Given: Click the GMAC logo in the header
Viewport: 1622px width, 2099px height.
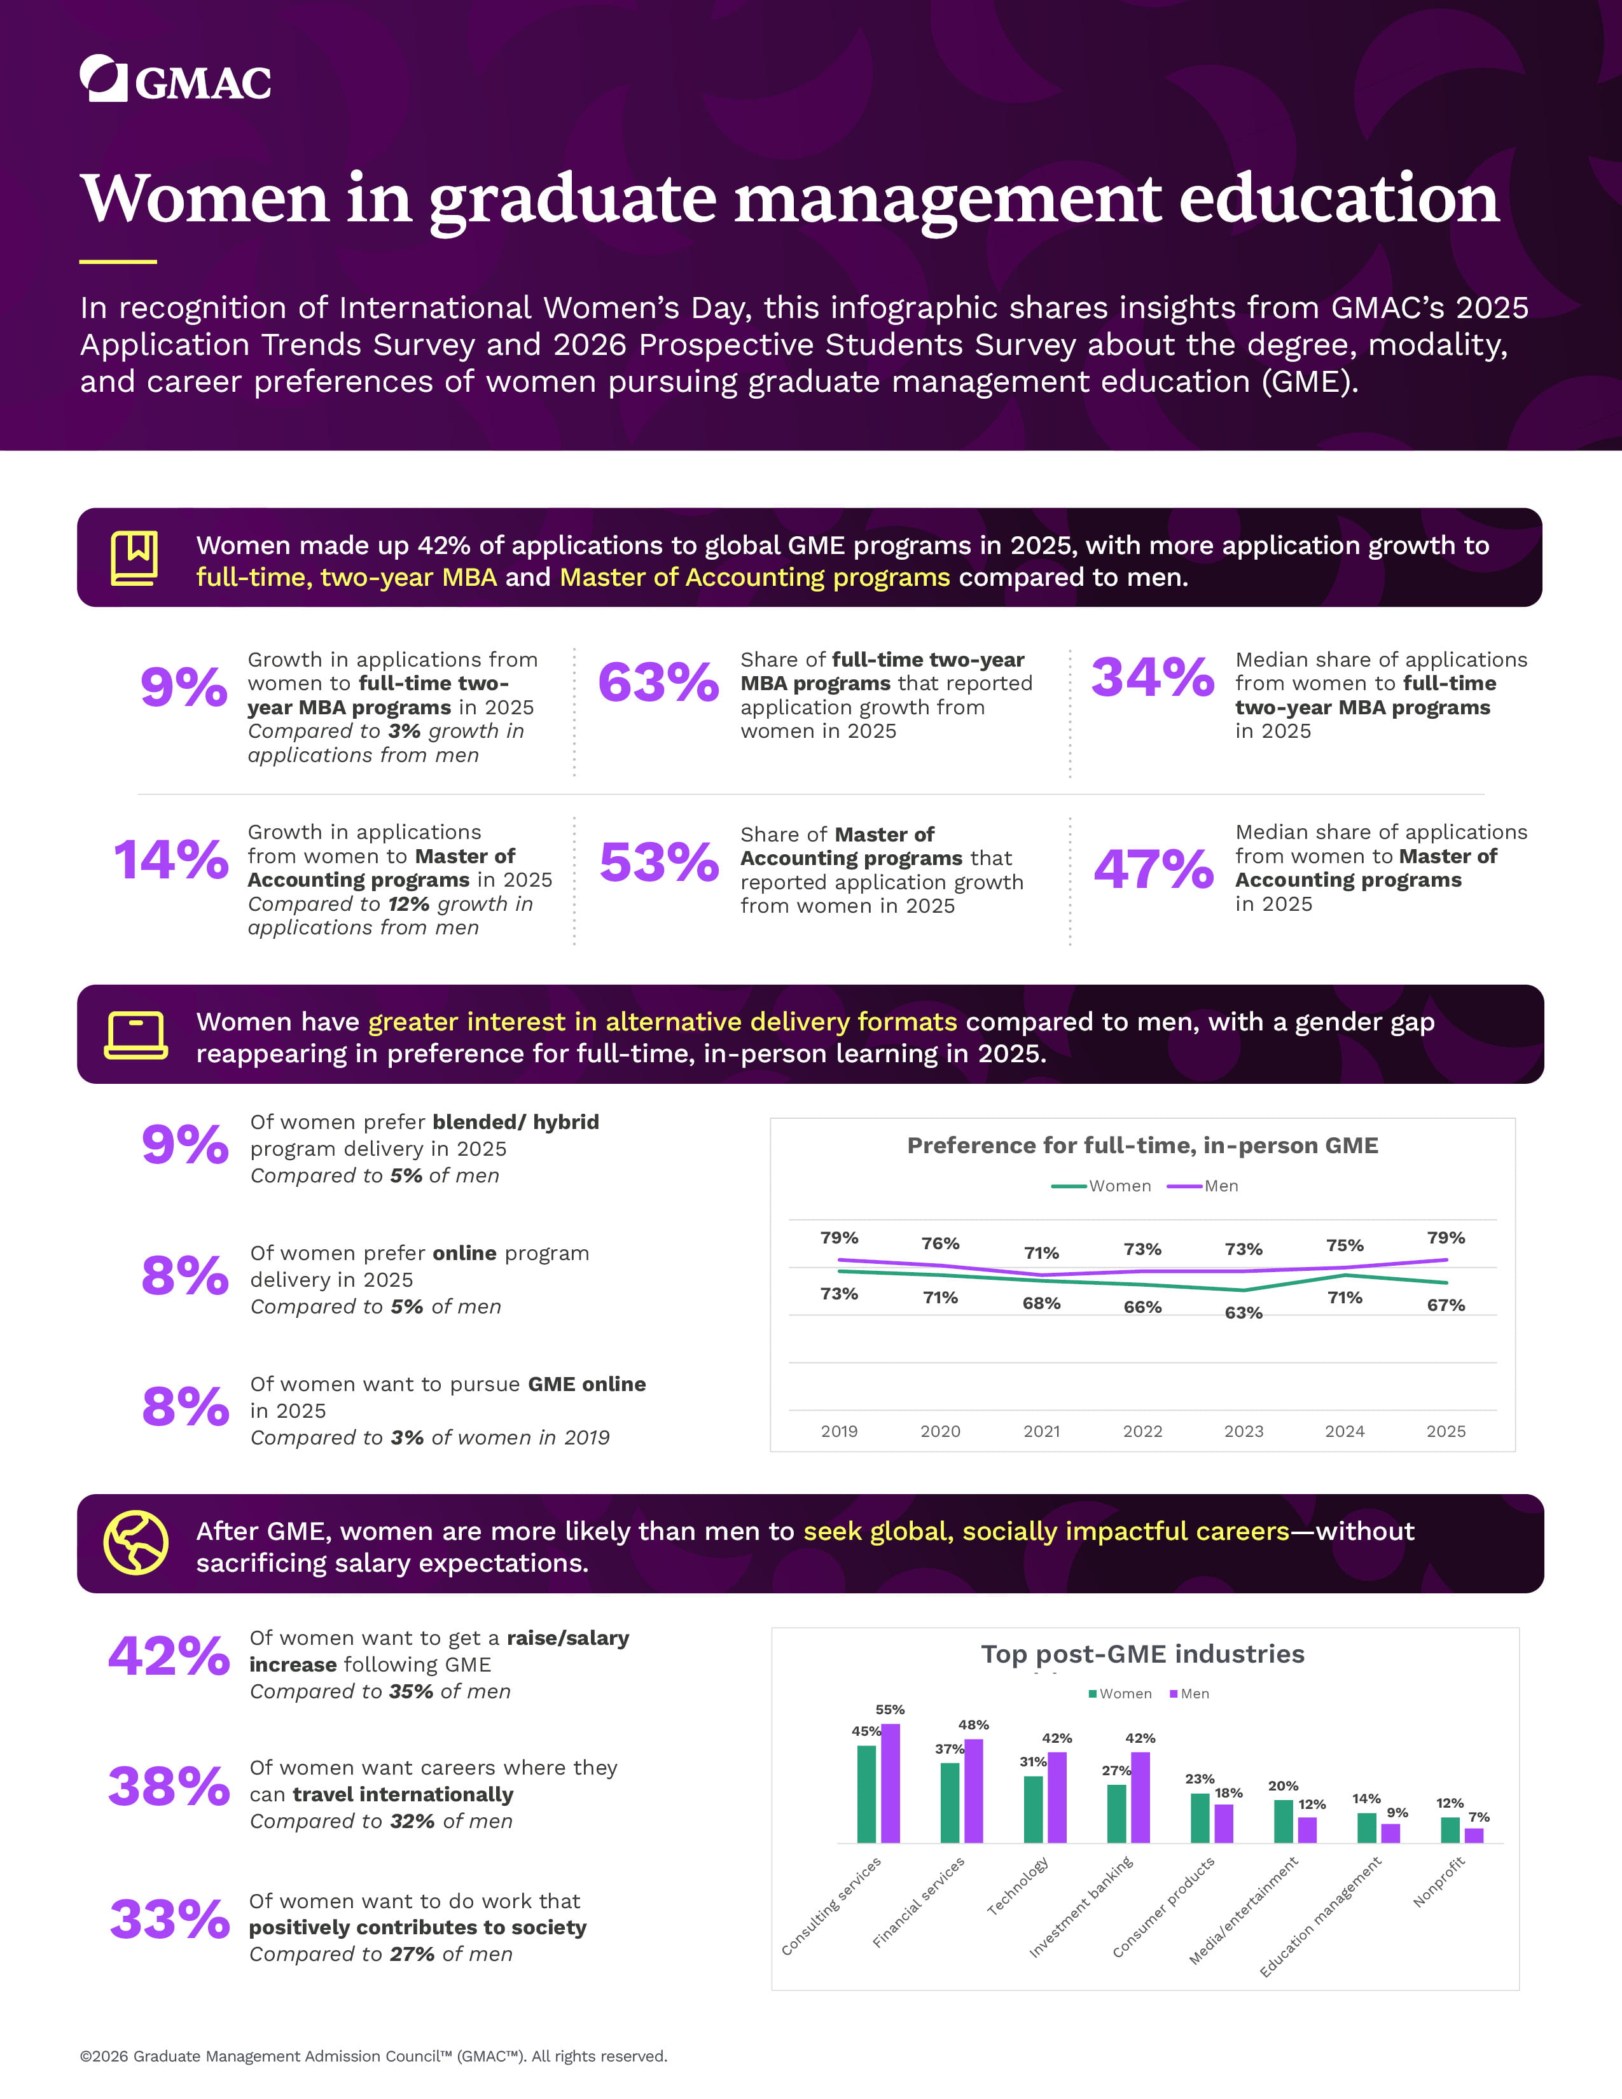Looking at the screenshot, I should coord(175,79).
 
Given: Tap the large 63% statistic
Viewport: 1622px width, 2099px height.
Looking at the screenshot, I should coord(658,682).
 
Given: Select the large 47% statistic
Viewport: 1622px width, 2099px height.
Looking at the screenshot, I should coord(1153,869).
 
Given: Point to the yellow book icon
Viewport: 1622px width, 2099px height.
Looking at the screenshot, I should coord(134,557).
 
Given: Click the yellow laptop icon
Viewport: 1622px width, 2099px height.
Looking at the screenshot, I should coord(135,1035).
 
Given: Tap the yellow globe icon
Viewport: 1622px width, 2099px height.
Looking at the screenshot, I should coord(135,1542).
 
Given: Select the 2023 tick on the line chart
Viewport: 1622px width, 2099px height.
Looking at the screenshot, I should coord(1244,1431).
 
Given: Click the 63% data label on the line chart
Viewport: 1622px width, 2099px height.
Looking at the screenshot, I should coord(1244,1313).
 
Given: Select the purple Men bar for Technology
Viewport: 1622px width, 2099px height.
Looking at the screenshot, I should coord(1057,1798).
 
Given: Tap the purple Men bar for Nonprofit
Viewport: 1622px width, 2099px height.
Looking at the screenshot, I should coord(1474,1836).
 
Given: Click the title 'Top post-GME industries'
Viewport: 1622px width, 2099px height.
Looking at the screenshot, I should coord(1142,1654).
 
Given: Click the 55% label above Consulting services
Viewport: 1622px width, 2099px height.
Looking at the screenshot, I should coord(890,1710).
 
